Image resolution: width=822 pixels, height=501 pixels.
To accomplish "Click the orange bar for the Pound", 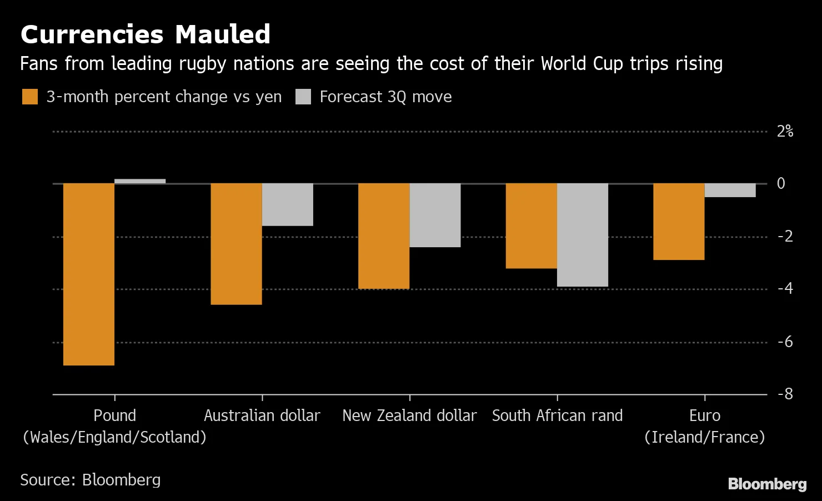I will pos(89,274).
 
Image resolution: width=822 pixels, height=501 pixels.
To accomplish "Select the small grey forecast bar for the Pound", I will pos(140,181).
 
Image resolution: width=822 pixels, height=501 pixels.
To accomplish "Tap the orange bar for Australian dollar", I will pos(236,244).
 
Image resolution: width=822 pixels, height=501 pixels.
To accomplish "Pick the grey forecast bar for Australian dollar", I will pos(288,204).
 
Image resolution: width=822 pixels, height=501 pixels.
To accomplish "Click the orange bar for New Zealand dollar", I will pos(384,236).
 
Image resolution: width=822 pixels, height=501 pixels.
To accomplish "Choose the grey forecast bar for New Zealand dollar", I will pos(435,215).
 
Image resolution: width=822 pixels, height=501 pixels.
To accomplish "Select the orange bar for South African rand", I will pos(531,226).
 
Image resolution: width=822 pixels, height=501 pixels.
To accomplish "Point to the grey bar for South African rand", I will pos(583,235).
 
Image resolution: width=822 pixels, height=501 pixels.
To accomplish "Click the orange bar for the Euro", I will pos(679,222).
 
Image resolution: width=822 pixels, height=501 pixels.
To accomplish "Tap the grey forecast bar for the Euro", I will pos(730,190).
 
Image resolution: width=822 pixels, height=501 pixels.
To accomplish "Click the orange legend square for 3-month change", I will pos(29,97).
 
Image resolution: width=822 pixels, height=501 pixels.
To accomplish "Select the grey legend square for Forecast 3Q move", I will pos(303,97).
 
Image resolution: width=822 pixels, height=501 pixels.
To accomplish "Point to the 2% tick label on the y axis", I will pos(785,132).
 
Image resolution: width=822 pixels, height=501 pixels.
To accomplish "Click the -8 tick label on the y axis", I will pos(785,394).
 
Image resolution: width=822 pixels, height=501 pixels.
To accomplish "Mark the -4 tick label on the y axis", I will pos(785,289).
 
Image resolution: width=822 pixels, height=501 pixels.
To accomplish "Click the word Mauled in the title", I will pos(222,34).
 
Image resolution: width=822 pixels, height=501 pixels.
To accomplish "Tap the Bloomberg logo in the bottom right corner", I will pos(767,484).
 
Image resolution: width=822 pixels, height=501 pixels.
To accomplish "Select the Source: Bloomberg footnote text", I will pos(91,480).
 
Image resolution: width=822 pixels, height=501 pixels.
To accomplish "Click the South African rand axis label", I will pos(557,415).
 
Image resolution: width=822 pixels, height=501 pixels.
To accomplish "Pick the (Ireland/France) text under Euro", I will pos(704,437).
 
